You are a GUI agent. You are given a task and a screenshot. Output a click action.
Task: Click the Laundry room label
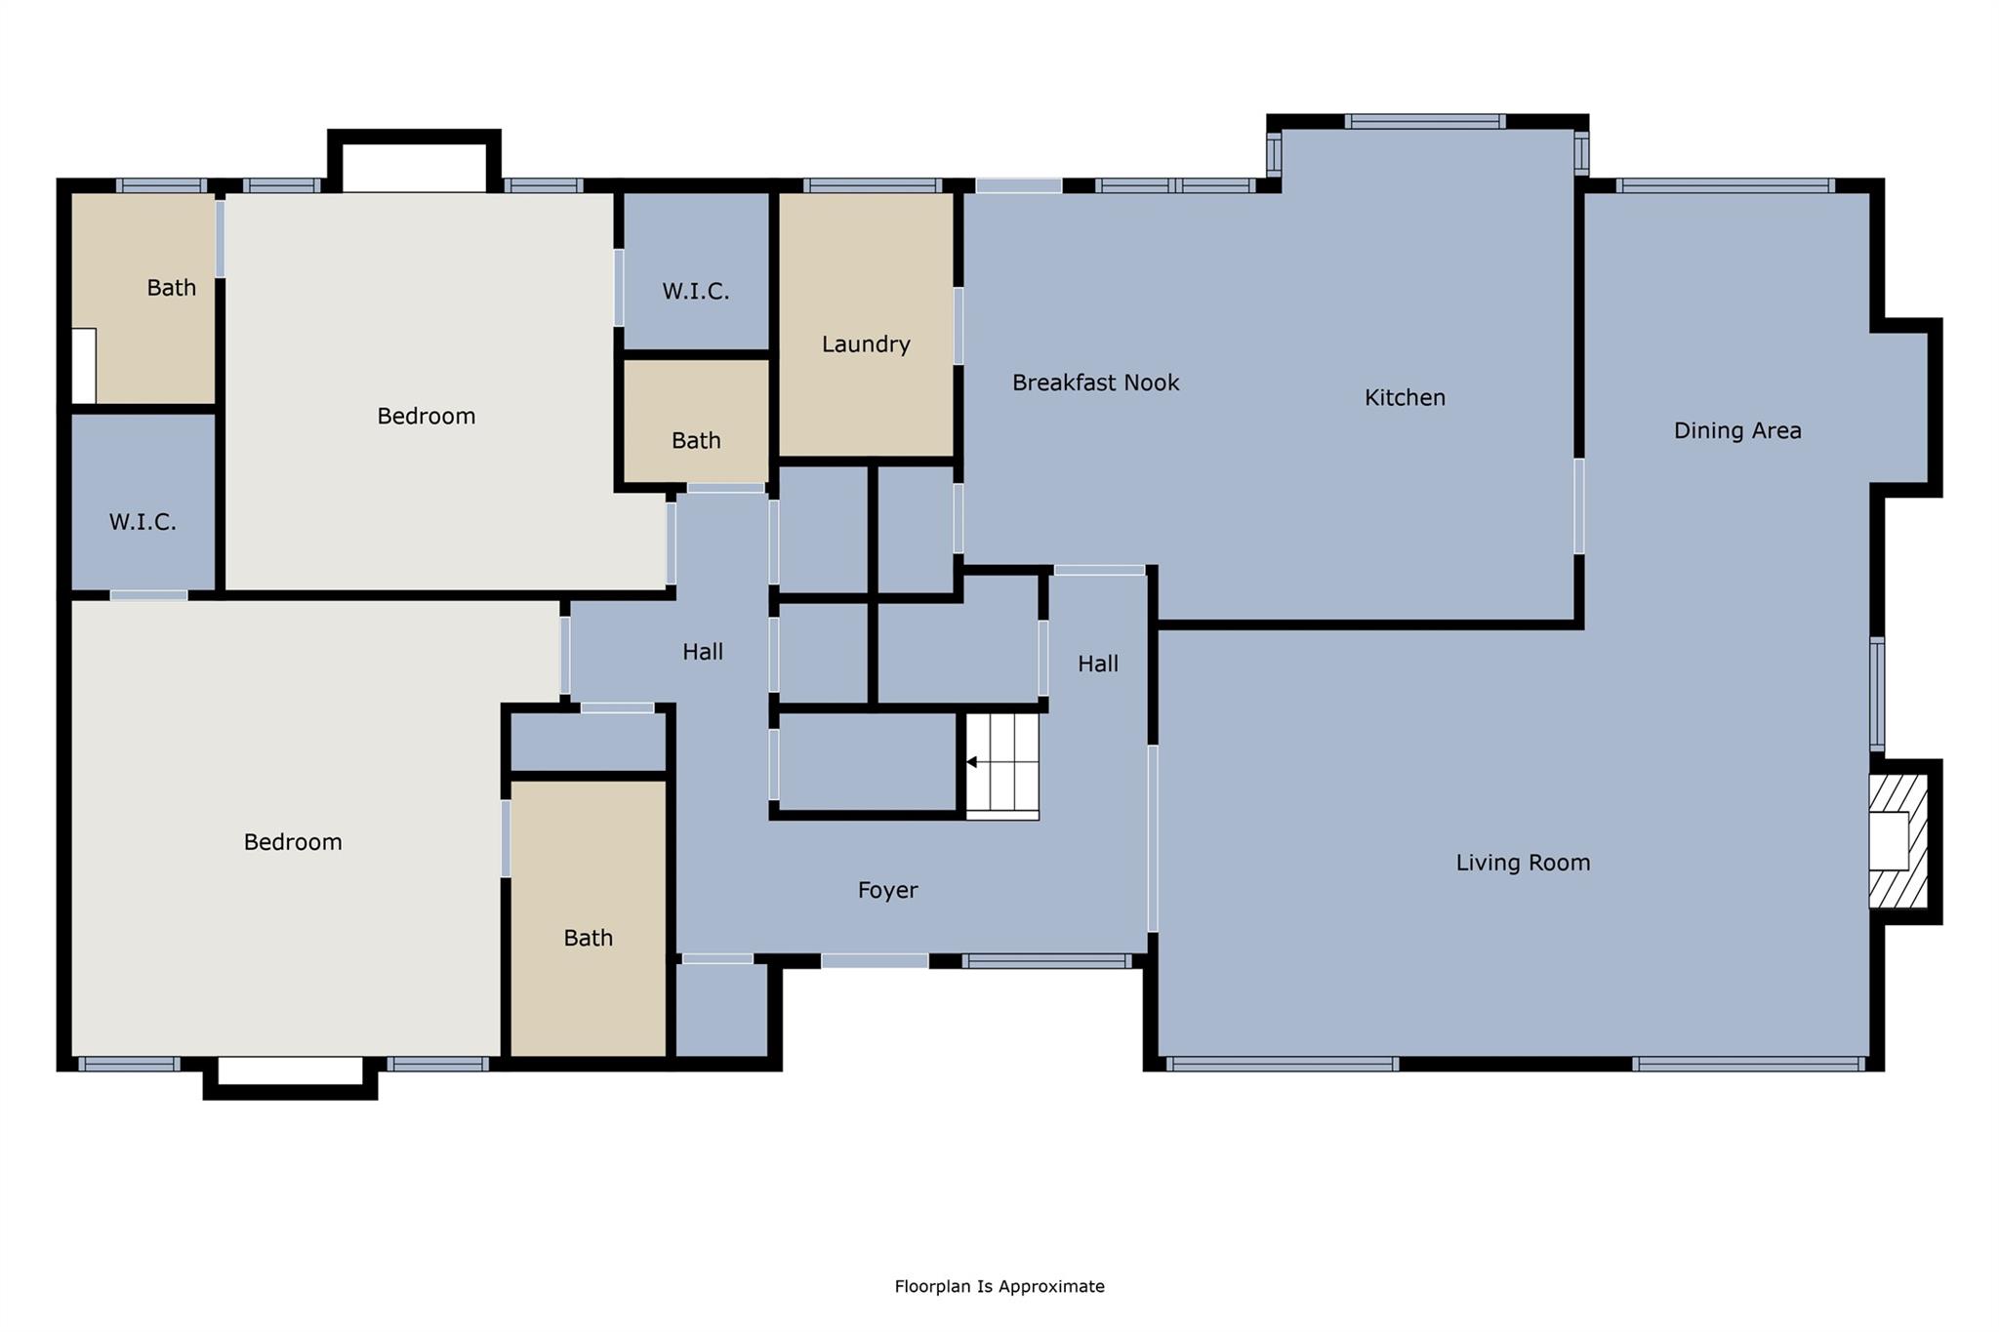tap(866, 343)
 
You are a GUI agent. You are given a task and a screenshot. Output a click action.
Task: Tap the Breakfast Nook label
tap(1095, 383)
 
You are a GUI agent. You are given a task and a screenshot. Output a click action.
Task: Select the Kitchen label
tap(1405, 397)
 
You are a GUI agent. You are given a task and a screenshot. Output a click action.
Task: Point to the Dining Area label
tap(1736, 430)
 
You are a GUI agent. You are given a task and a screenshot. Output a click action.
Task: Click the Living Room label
tap(1523, 863)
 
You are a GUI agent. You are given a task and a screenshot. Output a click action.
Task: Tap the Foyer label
tap(887, 890)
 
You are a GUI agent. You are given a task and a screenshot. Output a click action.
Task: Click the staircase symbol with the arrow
tap(1002, 765)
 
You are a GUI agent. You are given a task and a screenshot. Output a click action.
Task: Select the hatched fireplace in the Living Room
tap(1898, 841)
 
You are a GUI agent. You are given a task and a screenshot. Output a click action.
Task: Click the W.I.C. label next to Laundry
tap(695, 291)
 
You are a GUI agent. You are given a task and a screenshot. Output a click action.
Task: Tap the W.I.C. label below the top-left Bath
tap(143, 522)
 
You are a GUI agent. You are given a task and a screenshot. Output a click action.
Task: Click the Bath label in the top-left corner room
tap(171, 288)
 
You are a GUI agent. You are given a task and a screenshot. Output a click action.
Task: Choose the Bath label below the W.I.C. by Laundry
tap(696, 441)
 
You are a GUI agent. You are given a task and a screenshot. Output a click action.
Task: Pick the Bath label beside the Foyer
tap(588, 938)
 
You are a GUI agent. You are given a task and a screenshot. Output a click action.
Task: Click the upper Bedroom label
tap(426, 417)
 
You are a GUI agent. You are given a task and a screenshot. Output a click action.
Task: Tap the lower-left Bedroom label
tap(293, 842)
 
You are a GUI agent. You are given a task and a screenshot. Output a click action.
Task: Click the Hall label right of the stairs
tap(1097, 665)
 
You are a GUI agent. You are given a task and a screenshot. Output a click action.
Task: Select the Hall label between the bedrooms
tap(702, 652)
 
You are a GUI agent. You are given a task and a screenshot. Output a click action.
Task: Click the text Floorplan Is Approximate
tap(999, 1286)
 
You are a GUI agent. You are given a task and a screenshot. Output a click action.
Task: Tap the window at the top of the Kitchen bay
tap(1424, 122)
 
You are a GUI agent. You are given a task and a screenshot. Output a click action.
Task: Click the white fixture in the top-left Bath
tap(84, 365)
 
